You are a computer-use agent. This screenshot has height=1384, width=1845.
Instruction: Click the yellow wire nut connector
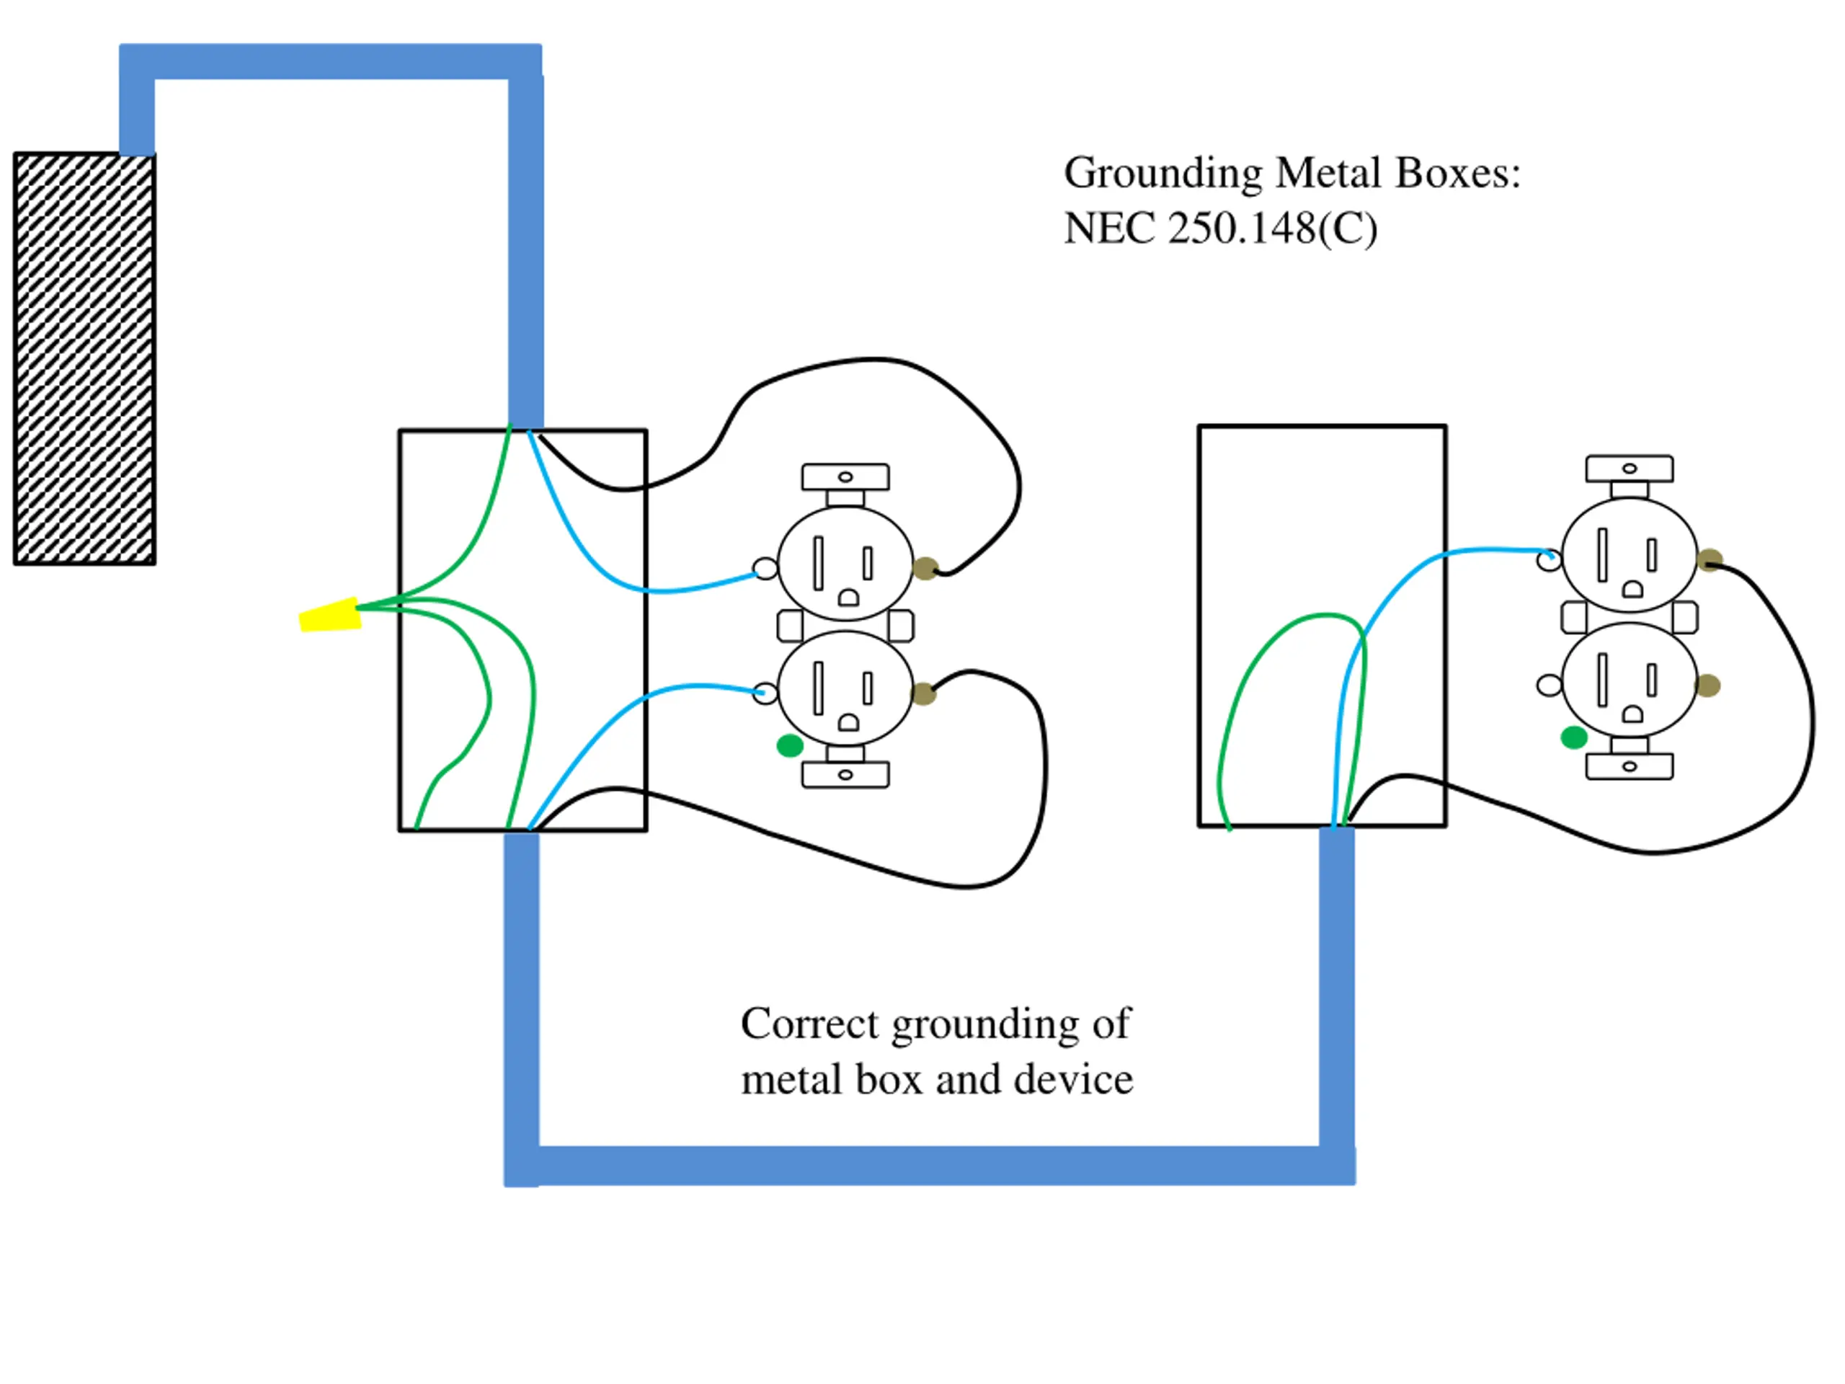click(x=330, y=615)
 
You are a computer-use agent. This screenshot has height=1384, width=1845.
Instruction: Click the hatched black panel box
click(x=84, y=359)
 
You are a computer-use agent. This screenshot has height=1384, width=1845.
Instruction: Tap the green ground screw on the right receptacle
click(x=1573, y=737)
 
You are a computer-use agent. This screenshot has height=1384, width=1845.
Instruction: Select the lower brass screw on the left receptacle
click(x=923, y=693)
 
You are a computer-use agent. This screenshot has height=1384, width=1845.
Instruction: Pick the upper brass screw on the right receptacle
click(x=1710, y=561)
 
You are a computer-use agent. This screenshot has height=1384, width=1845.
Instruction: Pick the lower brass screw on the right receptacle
click(x=1707, y=686)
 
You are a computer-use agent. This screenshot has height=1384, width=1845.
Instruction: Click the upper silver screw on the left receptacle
click(x=765, y=569)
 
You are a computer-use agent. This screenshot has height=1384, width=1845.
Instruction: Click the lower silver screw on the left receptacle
click(x=765, y=693)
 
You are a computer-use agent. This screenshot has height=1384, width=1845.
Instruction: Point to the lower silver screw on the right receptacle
click(x=1549, y=686)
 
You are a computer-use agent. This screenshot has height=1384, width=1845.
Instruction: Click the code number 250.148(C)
click(x=1272, y=229)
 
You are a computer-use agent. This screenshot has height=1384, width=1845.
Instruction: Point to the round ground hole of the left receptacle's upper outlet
click(x=848, y=598)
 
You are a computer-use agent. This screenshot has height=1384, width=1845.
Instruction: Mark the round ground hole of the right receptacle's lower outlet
click(x=1632, y=715)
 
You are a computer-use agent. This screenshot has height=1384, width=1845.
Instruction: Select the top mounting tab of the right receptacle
click(x=1629, y=469)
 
